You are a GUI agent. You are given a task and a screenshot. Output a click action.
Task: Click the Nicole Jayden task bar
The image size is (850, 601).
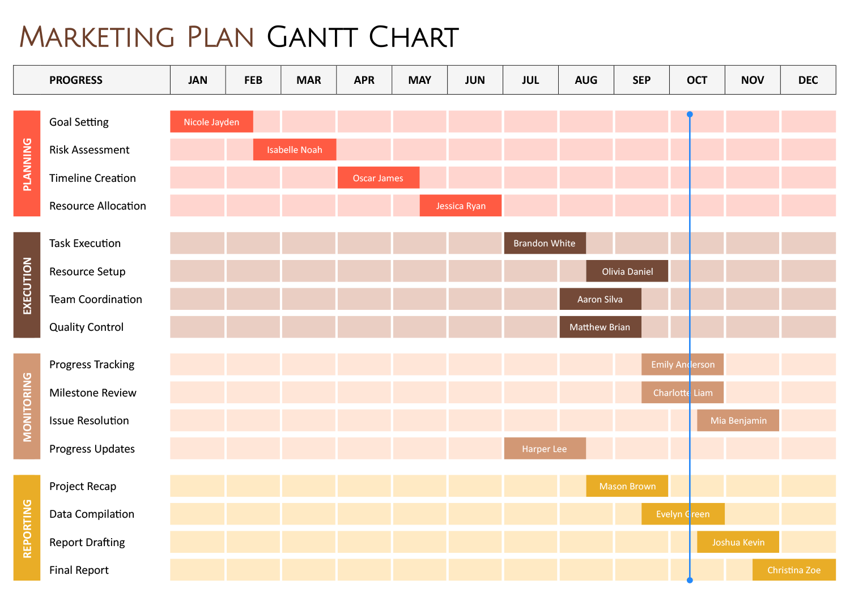coord(211,122)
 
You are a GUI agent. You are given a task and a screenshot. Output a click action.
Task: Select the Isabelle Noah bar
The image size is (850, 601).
coord(294,150)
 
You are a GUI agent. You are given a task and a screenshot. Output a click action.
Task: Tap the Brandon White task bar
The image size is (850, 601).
coord(544,243)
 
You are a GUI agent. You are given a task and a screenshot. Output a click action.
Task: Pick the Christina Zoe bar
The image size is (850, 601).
coord(793,570)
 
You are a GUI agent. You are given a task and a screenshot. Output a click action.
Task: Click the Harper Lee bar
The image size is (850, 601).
coord(544,449)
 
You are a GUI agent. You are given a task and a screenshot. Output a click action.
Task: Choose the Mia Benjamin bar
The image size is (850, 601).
coord(738,420)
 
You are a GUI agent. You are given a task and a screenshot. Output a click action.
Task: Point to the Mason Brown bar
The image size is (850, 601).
coord(627,486)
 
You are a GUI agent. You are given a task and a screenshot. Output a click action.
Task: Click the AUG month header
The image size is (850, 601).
coord(586,80)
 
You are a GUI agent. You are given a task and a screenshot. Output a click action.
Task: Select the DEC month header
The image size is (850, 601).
coord(808,80)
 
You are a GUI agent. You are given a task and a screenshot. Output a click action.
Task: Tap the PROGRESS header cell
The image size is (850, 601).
coord(76,80)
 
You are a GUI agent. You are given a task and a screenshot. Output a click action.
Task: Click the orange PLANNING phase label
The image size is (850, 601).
coord(27,164)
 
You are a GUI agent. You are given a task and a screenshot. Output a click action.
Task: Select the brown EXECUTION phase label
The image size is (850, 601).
coord(27,285)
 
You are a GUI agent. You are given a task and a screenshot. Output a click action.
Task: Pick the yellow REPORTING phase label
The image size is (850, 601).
coord(27,528)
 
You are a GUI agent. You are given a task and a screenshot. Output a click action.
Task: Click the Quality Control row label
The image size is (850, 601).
coord(86,327)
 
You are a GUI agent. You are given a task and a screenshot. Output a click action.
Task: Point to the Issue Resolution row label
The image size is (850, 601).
coord(89,420)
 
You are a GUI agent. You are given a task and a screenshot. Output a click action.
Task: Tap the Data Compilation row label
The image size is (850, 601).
coord(92,514)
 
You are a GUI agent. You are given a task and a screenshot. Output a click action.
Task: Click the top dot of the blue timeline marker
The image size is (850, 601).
coord(690,114)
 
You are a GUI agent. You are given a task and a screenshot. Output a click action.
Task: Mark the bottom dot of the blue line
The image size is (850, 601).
coord(690,580)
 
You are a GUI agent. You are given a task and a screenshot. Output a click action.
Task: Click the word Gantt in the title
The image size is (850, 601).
coord(312,37)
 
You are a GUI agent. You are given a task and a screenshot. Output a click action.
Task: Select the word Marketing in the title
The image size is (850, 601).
coord(97,37)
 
